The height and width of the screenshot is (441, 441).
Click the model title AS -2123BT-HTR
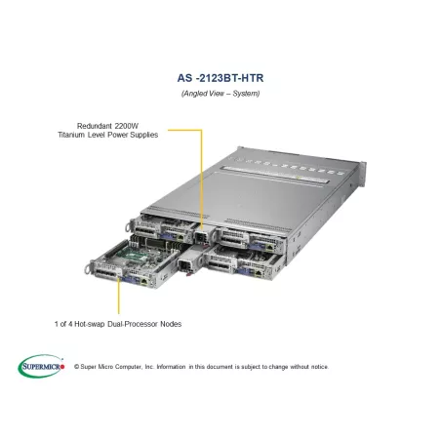pyautogui.click(x=220, y=78)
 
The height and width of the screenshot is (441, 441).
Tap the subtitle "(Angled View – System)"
pyautogui.click(x=220, y=94)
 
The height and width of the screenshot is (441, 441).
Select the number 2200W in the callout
pyautogui.click(x=126, y=126)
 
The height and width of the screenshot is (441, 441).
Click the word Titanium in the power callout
pyautogui.click(x=71, y=135)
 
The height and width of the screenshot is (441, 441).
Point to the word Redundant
pyautogui.click(x=95, y=126)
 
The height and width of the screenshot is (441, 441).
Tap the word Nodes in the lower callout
pyautogui.click(x=171, y=324)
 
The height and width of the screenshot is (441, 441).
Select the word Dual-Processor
pyautogui.click(x=132, y=324)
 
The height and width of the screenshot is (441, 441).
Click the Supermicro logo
pyautogui.click(x=41, y=366)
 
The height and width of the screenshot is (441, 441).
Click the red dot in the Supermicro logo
pyautogui.click(x=62, y=367)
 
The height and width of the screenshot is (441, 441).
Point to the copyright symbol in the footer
pyautogui.click(x=77, y=367)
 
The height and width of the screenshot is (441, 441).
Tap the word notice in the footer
pyautogui.click(x=319, y=367)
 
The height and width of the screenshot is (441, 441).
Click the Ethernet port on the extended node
pyautogui.click(x=143, y=282)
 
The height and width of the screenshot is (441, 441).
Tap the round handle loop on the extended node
pyautogui.click(x=87, y=269)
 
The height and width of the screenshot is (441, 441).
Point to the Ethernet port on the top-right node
pyautogui.click(x=270, y=247)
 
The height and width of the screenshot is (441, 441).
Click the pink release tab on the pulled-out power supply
pyautogui.click(x=187, y=274)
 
